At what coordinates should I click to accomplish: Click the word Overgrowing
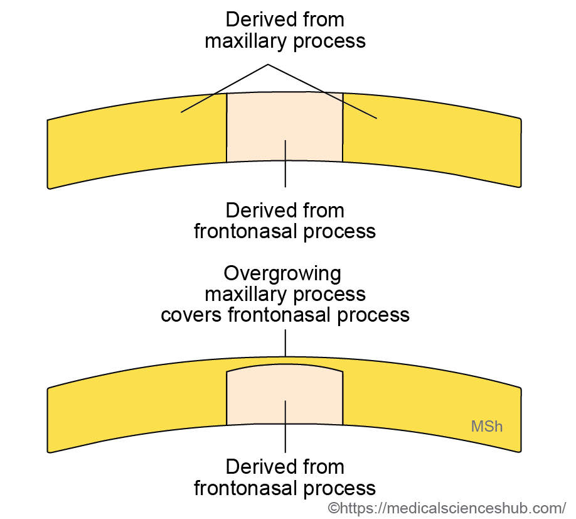pyautogui.click(x=283, y=273)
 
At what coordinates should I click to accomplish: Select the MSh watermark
pyautogui.click(x=487, y=427)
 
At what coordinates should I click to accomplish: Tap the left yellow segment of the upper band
pyautogui.click(x=138, y=141)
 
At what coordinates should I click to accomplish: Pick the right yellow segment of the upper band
pyautogui.click(x=433, y=141)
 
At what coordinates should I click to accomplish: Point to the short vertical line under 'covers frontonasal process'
pyautogui.click(x=285, y=344)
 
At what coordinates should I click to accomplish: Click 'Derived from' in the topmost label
pyautogui.click(x=285, y=19)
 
